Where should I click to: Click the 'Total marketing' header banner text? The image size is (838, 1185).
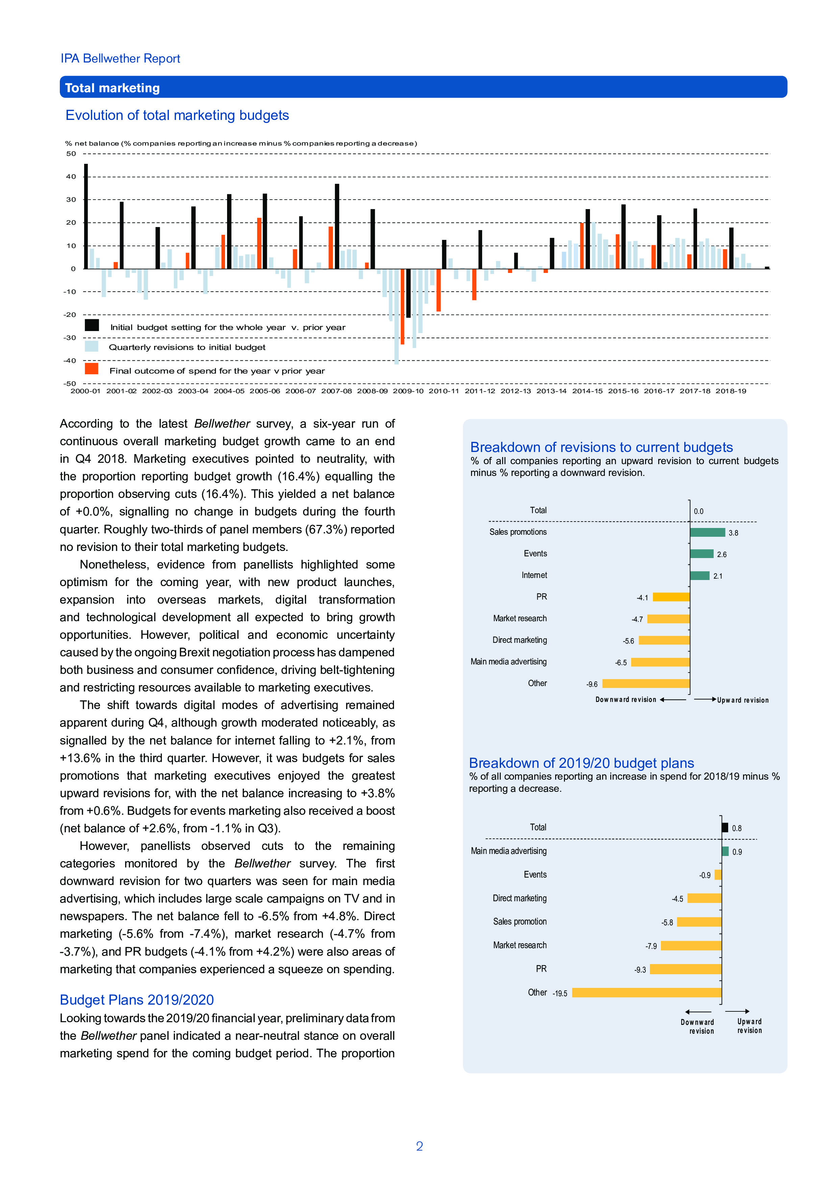(x=112, y=88)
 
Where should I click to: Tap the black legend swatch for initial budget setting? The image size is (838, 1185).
(x=92, y=325)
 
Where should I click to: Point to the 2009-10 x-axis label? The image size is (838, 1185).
(x=408, y=391)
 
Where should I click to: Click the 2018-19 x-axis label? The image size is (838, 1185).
(x=731, y=391)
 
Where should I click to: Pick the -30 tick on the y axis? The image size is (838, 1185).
(x=70, y=337)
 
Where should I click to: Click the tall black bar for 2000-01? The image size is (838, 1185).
(x=86, y=216)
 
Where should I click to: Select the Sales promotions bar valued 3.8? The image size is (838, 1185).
(x=707, y=533)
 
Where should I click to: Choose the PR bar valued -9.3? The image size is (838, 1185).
(x=685, y=969)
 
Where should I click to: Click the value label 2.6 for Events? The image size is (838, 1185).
(x=721, y=554)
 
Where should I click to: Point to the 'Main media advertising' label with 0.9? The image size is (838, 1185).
(x=509, y=851)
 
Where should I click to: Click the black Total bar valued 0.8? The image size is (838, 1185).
(x=725, y=827)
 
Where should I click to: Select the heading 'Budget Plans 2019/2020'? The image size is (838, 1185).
(x=137, y=1000)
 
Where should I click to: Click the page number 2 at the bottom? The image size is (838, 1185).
(x=419, y=1146)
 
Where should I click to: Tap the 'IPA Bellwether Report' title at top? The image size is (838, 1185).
(x=120, y=58)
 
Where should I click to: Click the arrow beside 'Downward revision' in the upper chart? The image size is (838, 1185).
(x=673, y=700)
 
